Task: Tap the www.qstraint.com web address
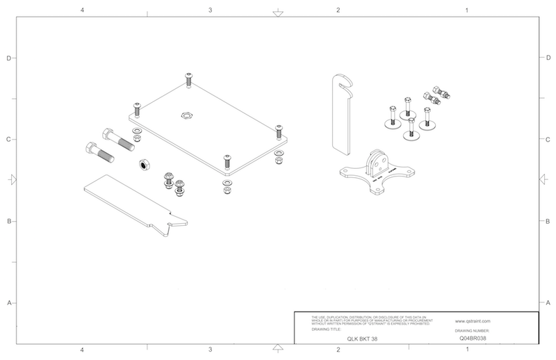click(473, 321)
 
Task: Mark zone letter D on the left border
click(8, 58)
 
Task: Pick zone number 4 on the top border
click(83, 10)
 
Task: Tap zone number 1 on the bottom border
click(466, 350)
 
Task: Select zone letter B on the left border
click(8, 222)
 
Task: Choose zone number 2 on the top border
click(338, 10)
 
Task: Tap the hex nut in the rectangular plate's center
click(186, 114)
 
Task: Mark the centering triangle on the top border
click(277, 13)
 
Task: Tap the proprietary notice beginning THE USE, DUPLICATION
click(366, 320)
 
